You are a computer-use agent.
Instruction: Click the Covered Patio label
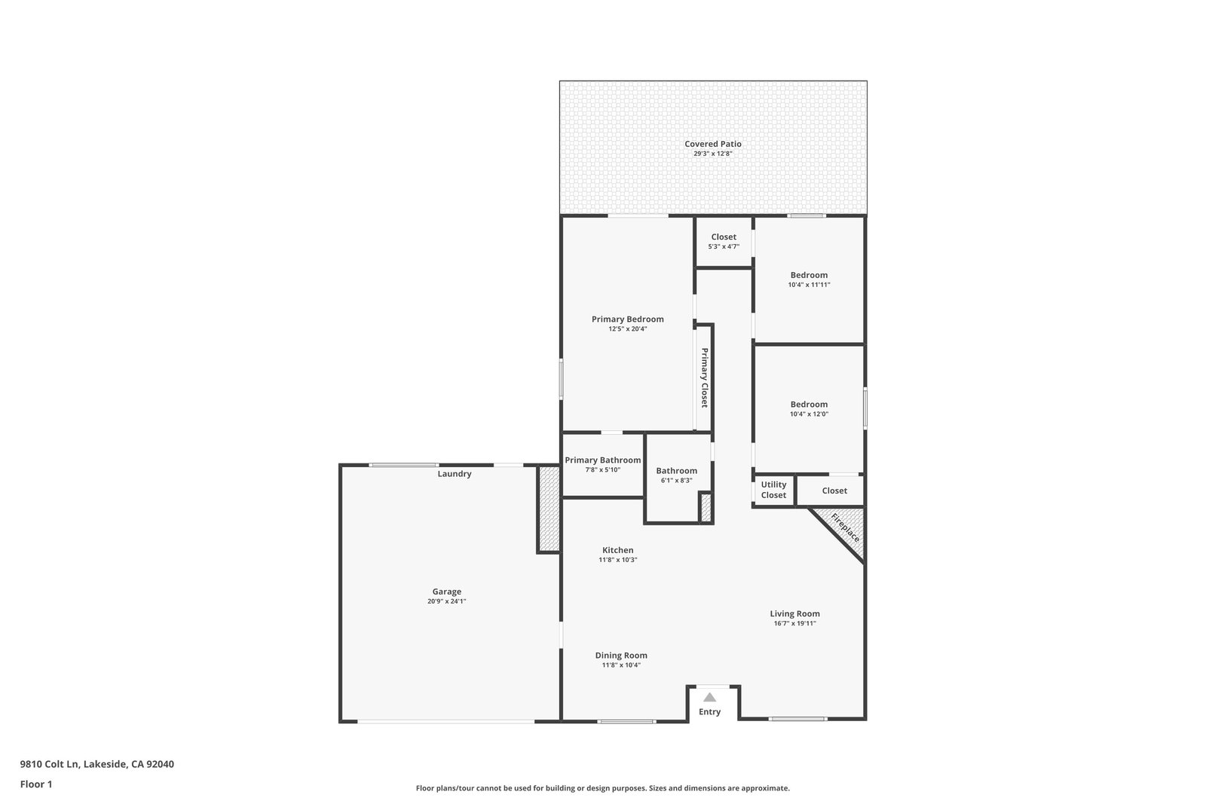pos(713,144)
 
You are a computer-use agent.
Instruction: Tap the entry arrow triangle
pos(709,698)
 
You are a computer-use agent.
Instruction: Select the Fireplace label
pos(845,527)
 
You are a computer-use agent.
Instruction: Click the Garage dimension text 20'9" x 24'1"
pos(446,601)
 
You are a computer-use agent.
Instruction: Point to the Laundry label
pos(455,473)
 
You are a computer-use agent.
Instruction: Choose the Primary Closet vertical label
pos(704,378)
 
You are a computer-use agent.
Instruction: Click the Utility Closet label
pos(773,490)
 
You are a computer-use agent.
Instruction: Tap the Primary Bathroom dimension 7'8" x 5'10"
pos(603,469)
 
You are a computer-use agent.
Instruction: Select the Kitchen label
pos(617,550)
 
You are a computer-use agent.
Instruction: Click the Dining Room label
pos(621,655)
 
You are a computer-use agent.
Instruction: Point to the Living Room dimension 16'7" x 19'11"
pos(794,623)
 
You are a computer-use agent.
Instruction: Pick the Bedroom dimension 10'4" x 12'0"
pos(809,414)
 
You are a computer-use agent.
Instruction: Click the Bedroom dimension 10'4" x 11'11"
pos(809,285)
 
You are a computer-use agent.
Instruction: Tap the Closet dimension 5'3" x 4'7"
pos(724,246)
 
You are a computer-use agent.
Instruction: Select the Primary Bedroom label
pos(627,319)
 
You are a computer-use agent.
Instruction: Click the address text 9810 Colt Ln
pos(50,764)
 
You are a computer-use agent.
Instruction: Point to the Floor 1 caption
pos(36,784)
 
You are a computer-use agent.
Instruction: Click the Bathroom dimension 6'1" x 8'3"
pos(676,481)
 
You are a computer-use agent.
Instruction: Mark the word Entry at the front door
pos(709,711)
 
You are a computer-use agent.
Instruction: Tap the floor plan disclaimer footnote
pos(602,788)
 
